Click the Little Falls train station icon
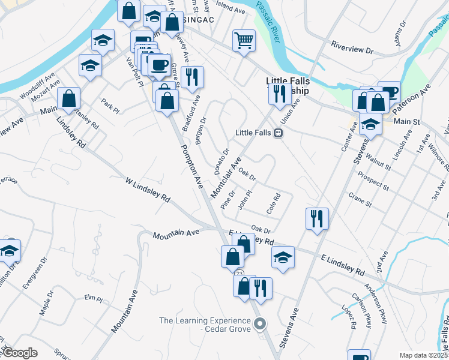click(279, 133)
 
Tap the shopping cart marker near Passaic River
click(244, 41)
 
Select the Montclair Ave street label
click(226, 178)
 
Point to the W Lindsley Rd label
click(148, 190)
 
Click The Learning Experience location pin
click(259, 325)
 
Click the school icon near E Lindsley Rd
click(283, 257)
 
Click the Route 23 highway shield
click(240, 273)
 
